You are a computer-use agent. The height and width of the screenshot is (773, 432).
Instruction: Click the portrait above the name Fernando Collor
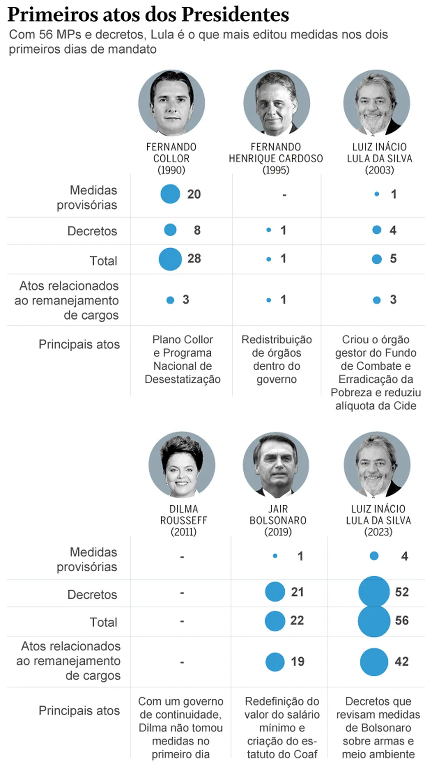(172, 103)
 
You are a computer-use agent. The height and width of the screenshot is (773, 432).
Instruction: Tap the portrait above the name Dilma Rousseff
(182, 465)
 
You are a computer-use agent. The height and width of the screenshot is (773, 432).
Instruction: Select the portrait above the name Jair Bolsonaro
(276, 465)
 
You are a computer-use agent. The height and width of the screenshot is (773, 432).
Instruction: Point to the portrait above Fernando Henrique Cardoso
(276, 103)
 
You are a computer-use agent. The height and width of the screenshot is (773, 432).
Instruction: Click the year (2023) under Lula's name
(378, 532)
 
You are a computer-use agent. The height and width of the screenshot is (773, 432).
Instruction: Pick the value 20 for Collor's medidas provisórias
(194, 194)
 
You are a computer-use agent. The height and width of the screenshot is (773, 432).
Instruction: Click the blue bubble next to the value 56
(374, 621)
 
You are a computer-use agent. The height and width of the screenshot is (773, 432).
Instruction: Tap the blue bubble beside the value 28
(170, 259)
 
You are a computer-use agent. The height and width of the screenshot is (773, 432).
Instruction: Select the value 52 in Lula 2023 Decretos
(402, 592)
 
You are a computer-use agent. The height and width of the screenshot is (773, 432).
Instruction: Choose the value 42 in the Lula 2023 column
(402, 662)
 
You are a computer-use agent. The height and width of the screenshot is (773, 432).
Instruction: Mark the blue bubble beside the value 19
(275, 662)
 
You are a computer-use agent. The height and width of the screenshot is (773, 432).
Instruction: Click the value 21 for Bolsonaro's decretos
(297, 592)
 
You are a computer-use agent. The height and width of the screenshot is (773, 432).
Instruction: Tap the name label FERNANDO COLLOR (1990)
(172, 158)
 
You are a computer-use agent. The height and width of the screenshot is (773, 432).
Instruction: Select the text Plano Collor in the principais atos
(183, 339)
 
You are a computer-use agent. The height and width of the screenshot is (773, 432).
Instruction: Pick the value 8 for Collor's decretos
(197, 230)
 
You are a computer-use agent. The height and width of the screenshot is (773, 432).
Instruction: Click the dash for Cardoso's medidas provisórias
(284, 195)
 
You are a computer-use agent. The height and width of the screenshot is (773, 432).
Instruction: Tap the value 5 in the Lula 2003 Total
(393, 259)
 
